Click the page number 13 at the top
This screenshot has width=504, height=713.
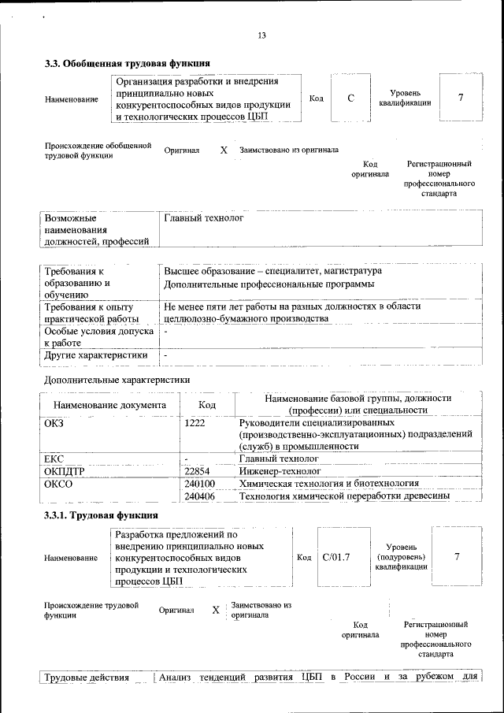point(262,35)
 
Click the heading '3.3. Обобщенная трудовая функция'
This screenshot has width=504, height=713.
point(127,64)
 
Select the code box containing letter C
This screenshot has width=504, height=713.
point(350,98)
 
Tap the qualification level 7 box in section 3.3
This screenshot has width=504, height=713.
point(460,98)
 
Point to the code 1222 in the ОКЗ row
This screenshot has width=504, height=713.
point(195,423)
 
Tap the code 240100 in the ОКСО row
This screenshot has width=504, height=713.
point(199,484)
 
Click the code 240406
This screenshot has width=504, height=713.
point(199,496)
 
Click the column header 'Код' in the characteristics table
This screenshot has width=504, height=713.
point(207,405)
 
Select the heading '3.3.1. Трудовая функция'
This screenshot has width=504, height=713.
point(102,515)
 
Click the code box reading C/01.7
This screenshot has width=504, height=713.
point(335,558)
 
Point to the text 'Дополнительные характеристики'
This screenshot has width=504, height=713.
point(117,380)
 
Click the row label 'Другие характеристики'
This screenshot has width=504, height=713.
point(96,355)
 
